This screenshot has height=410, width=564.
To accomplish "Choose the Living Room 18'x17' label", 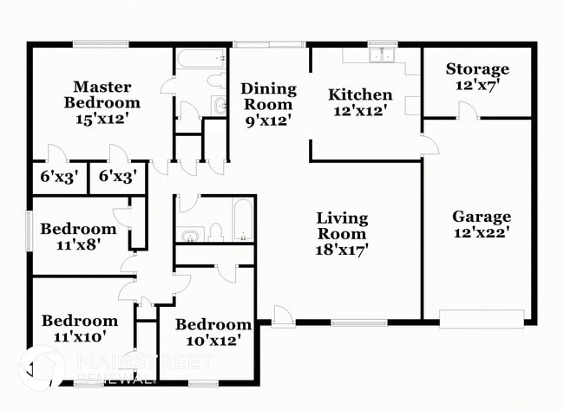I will [x=342, y=233].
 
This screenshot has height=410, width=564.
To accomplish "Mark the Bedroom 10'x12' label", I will [x=213, y=333].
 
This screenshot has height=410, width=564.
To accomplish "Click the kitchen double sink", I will [x=381, y=56].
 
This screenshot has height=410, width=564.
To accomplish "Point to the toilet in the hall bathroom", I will [x=216, y=231].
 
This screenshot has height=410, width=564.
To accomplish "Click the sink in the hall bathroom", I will [x=190, y=234].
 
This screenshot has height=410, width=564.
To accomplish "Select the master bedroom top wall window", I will [x=102, y=43].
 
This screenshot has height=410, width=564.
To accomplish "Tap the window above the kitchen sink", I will [x=381, y=43].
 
